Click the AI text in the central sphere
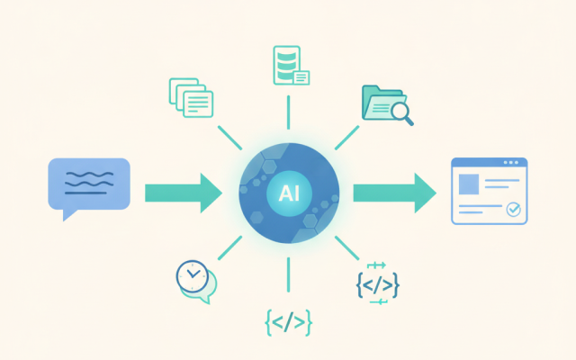pyautogui.click(x=289, y=193)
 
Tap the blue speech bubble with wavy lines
pyautogui.click(x=89, y=185)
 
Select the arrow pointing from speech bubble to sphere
pyautogui.click(x=184, y=193)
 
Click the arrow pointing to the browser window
pyautogui.click(x=395, y=193)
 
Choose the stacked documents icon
pyautogui.click(x=191, y=97)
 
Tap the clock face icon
pyautogui.click(x=192, y=276)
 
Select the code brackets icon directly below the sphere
pyautogui.click(x=288, y=322)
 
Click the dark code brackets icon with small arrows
pyautogui.click(x=378, y=284)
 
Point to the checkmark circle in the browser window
pyautogui.click(x=513, y=210)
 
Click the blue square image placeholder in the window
pyautogui.click(x=469, y=184)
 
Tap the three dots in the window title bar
pyautogui.click(x=511, y=162)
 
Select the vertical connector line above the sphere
pyautogui.click(x=288, y=112)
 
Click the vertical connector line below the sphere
pyautogui.click(x=288, y=274)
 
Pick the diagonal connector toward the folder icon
pyautogui.click(x=346, y=138)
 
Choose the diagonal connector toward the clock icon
pyautogui.click(x=230, y=248)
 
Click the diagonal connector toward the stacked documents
pyautogui.click(x=230, y=138)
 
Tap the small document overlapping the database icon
pyautogui.click(x=301, y=77)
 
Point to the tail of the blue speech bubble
pyautogui.click(x=68, y=214)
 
